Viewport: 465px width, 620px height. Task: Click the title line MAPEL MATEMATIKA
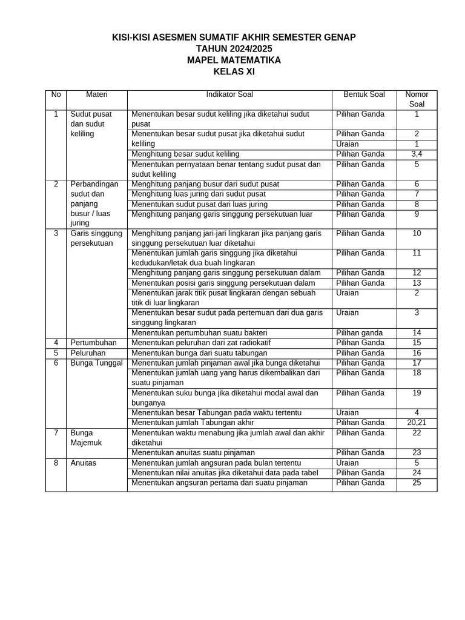(x=234, y=61)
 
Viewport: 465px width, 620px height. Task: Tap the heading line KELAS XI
(x=234, y=72)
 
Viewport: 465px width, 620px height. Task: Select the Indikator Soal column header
(x=229, y=94)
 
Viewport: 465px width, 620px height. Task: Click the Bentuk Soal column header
(x=364, y=94)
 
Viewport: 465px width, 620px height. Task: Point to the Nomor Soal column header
(x=417, y=99)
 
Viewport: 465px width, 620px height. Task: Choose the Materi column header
(x=96, y=94)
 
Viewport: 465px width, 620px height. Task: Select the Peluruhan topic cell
(x=88, y=352)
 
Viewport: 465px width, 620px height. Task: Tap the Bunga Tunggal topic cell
(x=96, y=363)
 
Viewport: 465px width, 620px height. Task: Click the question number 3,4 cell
(x=417, y=154)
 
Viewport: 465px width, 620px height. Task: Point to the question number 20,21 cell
(x=417, y=423)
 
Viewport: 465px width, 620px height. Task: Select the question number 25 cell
(x=417, y=483)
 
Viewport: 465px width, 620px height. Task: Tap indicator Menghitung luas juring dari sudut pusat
(x=199, y=194)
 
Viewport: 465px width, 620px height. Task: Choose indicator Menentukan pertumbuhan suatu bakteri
(x=199, y=333)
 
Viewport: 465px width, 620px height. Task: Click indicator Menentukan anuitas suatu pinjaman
(x=193, y=453)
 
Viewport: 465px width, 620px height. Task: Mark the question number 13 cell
(x=417, y=283)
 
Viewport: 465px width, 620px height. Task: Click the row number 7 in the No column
(x=56, y=433)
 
